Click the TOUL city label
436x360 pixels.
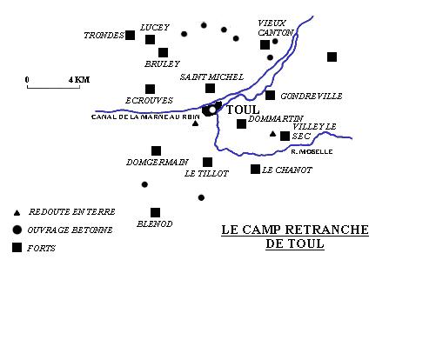point(243,110)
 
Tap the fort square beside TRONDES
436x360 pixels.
point(130,35)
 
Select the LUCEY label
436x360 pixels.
point(155,28)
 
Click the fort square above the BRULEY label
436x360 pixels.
point(163,53)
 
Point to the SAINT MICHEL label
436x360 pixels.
point(211,77)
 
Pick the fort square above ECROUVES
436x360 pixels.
point(150,90)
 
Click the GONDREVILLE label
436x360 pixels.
point(312,96)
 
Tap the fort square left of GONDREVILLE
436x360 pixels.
point(270,95)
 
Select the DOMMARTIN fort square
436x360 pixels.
point(241,124)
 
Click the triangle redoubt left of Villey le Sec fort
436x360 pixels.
point(272,134)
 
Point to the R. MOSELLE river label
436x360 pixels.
point(312,151)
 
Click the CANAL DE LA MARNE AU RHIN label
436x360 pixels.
point(145,117)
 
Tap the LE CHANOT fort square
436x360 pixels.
point(255,170)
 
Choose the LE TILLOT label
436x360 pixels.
point(206,174)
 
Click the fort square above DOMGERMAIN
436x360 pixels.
point(156,151)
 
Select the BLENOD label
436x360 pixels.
point(155,223)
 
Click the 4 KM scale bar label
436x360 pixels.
point(79,80)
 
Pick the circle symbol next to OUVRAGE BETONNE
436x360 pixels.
point(17,230)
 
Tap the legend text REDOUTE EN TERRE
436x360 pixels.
point(72,212)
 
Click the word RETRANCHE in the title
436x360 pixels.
point(327,230)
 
